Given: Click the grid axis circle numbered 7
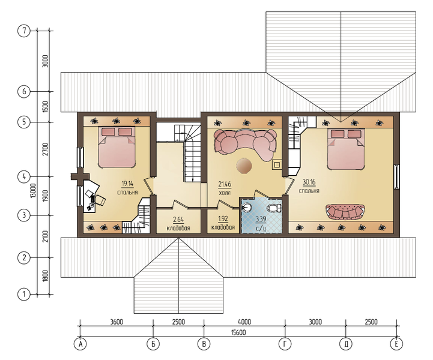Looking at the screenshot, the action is point(24,31).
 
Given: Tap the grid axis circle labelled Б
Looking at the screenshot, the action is point(153,344).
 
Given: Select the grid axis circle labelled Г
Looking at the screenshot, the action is point(285,344).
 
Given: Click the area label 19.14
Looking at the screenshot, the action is point(127,183).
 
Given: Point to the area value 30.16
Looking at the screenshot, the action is point(309,182).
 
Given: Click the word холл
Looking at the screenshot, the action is point(224,193).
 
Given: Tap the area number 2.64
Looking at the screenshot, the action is point(178,220).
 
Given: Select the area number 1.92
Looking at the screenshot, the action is point(223,219).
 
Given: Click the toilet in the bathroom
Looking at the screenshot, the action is point(274,208).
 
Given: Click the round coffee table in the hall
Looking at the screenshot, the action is point(244,166).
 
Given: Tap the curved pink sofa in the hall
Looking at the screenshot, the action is point(245,143).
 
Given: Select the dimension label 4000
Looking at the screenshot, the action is point(244,322).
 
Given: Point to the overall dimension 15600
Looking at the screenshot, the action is point(238,332).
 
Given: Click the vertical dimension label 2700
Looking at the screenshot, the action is point(46,149).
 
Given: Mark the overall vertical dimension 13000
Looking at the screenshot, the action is point(34,190).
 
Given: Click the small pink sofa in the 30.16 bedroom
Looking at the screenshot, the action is point(345,212).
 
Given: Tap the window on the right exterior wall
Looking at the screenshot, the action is point(397,176).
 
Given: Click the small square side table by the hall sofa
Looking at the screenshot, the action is point(277,164).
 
